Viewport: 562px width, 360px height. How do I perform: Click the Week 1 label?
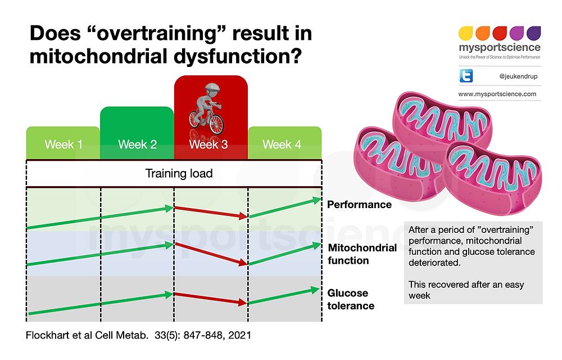[64, 145]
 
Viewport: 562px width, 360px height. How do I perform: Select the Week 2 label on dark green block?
[137, 145]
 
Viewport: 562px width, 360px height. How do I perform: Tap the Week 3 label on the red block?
[209, 145]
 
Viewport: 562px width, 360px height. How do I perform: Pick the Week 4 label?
[282, 145]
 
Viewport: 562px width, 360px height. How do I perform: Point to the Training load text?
[179, 173]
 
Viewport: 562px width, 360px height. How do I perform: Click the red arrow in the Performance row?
[211, 211]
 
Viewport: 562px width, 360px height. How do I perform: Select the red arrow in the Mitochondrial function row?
[211, 254]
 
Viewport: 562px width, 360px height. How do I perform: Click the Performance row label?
[359, 204]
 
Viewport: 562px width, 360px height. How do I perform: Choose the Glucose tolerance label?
[351, 299]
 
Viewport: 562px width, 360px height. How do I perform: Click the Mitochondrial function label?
[362, 254]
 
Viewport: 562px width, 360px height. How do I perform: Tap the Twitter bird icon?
[466, 75]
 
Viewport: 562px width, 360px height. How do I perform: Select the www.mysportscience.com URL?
[497, 94]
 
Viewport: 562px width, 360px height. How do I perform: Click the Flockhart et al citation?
[138, 335]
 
